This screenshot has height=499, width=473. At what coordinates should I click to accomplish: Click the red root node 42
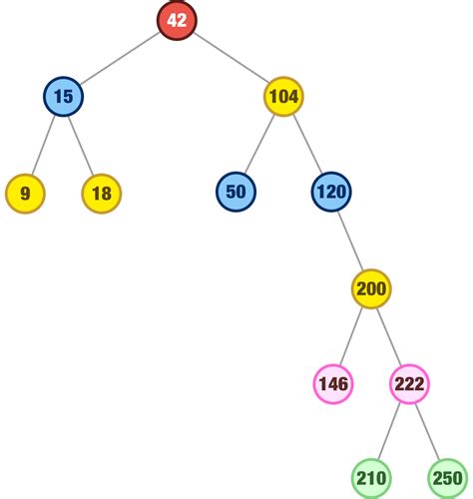[x=177, y=20]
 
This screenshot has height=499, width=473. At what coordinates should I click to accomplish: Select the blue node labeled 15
[x=63, y=97]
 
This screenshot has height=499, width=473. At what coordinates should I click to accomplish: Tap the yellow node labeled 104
[x=283, y=97]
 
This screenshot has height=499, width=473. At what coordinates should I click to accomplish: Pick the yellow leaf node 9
[x=25, y=194]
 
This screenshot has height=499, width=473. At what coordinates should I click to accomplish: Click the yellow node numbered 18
[x=102, y=194]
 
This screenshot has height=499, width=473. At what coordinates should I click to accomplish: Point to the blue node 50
[x=236, y=192]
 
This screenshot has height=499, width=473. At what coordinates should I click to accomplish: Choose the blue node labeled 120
[x=331, y=192]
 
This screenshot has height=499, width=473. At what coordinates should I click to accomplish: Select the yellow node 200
[x=371, y=288]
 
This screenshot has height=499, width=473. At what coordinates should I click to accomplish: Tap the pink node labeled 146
[x=333, y=384]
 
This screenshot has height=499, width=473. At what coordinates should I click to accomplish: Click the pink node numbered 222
[x=409, y=384]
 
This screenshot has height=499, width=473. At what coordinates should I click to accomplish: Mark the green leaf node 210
[x=371, y=478]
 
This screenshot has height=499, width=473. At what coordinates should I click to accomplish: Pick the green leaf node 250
[x=448, y=478]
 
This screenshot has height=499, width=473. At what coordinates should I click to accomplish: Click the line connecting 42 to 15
[x=120, y=58]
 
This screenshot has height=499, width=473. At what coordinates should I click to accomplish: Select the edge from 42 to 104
[x=231, y=58]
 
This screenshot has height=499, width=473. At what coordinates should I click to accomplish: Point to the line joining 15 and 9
[x=43, y=145]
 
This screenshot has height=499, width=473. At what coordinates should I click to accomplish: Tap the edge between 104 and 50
[x=259, y=144]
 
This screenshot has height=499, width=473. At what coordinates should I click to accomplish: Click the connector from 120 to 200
[x=351, y=241]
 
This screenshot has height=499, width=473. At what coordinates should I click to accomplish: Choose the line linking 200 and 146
[x=351, y=336]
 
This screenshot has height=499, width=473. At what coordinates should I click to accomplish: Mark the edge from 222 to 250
[x=428, y=431]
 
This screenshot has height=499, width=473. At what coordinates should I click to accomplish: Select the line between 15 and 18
[x=82, y=145]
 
